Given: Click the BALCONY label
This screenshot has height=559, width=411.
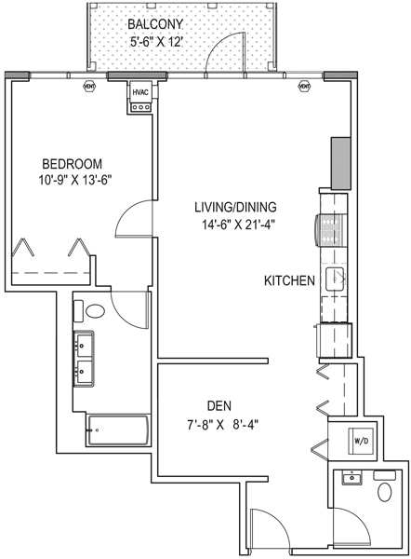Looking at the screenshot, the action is pyautogui.click(x=154, y=24).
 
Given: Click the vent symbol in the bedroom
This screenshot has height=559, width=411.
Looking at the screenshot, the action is pyautogui.click(x=89, y=86).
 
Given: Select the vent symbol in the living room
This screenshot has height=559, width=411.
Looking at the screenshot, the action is pyautogui.click(x=304, y=86).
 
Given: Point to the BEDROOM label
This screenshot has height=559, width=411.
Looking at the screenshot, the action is pyautogui.click(x=73, y=164).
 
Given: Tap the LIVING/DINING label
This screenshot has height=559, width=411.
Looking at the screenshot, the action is pyautogui.click(x=235, y=207).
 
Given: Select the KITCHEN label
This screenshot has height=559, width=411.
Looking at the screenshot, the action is pyautogui.click(x=289, y=281).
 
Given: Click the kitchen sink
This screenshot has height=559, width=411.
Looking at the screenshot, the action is pyautogui.click(x=335, y=279).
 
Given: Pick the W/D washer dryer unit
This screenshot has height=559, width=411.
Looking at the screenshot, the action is pyautogui.click(x=361, y=441).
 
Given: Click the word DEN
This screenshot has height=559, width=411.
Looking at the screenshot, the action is pyautogui.click(x=219, y=405).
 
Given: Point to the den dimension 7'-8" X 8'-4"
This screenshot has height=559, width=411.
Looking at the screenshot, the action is pyautogui.click(x=222, y=425).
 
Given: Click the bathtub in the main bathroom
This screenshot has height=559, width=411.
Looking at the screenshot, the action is pyautogui.click(x=118, y=429).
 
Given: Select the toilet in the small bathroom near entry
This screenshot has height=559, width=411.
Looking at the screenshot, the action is pyautogui.click(x=385, y=492).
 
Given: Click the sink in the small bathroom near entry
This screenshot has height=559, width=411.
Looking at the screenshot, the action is pyautogui.click(x=351, y=478).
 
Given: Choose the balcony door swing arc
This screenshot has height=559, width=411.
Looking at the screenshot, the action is pyautogui.click(x=218, y=45).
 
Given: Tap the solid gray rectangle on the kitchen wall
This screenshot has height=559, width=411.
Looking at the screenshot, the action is pyautogui.click(x=341, y=163).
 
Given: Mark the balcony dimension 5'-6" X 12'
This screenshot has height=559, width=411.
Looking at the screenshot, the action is pyautogui.click(x=156, y=42).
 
